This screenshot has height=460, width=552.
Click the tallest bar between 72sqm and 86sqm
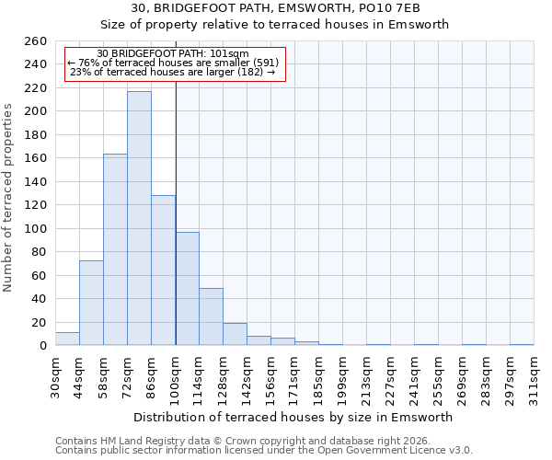pos(139,218)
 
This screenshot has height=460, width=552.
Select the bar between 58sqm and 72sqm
pos(115,249)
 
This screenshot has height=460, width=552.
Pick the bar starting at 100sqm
pos(187,289)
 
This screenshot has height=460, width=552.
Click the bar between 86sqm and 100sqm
pos(163,270)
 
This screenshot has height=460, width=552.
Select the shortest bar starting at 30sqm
pos(67,339)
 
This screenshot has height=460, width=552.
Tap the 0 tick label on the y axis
pos(42,346)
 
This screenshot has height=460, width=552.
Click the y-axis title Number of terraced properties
pos(9,198)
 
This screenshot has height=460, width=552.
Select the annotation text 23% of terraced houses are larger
pos(173,73)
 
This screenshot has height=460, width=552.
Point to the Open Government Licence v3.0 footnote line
pos(264,450)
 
